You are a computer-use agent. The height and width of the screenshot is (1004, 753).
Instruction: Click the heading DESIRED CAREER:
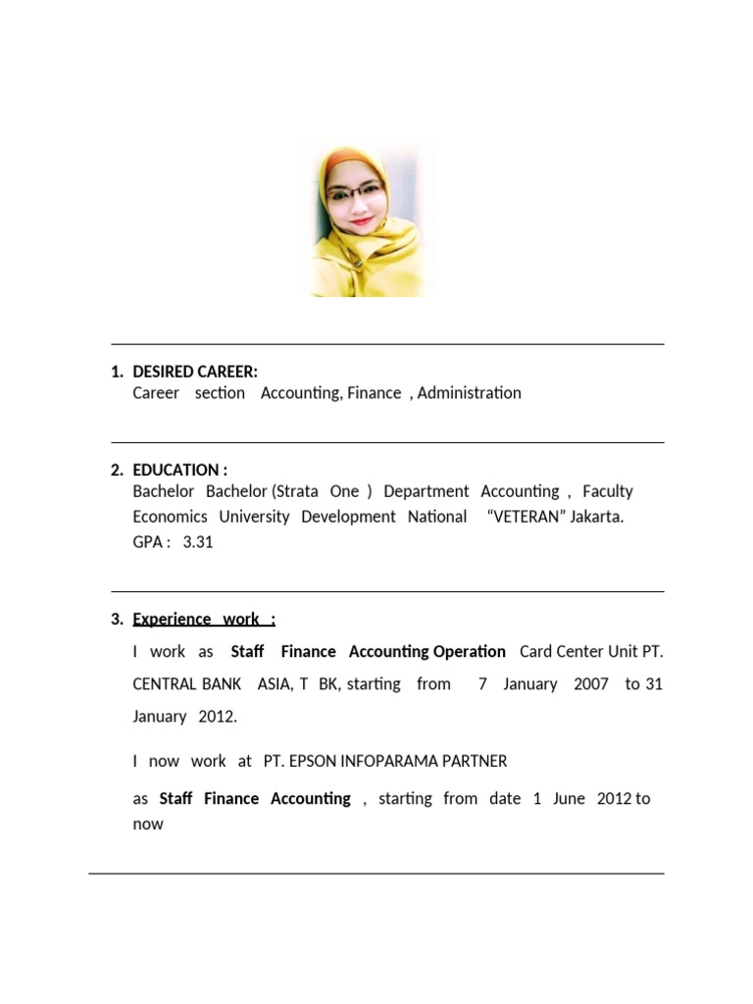[195, 372]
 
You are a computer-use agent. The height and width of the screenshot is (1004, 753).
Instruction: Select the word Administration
[469, 393]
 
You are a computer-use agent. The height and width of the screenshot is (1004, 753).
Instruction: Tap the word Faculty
[608, 491]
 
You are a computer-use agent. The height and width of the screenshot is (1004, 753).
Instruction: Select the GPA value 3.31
[197, 542]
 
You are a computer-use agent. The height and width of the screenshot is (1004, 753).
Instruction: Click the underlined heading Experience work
[204, 619]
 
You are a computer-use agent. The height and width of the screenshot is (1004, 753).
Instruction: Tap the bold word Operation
[470, 651]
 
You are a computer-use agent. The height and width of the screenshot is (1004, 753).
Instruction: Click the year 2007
[591, 683]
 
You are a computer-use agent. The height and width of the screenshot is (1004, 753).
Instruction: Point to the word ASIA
[275, 683]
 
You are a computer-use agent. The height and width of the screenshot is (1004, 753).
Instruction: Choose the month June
[569, 799]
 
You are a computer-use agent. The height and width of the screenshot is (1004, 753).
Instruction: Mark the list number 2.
[117, 470]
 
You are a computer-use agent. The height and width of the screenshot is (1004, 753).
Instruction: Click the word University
[254, 517]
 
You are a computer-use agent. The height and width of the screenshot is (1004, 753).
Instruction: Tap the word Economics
[170, 517]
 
